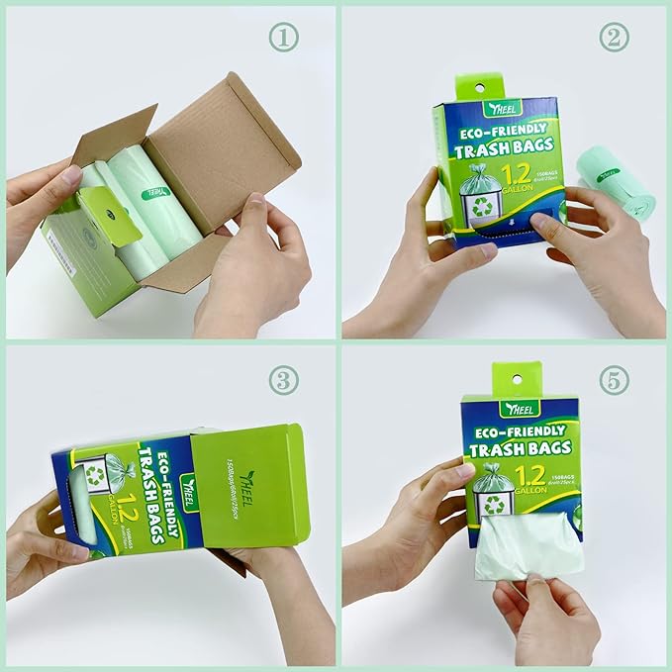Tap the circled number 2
point(614,37)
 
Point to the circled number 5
point(614,377)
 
